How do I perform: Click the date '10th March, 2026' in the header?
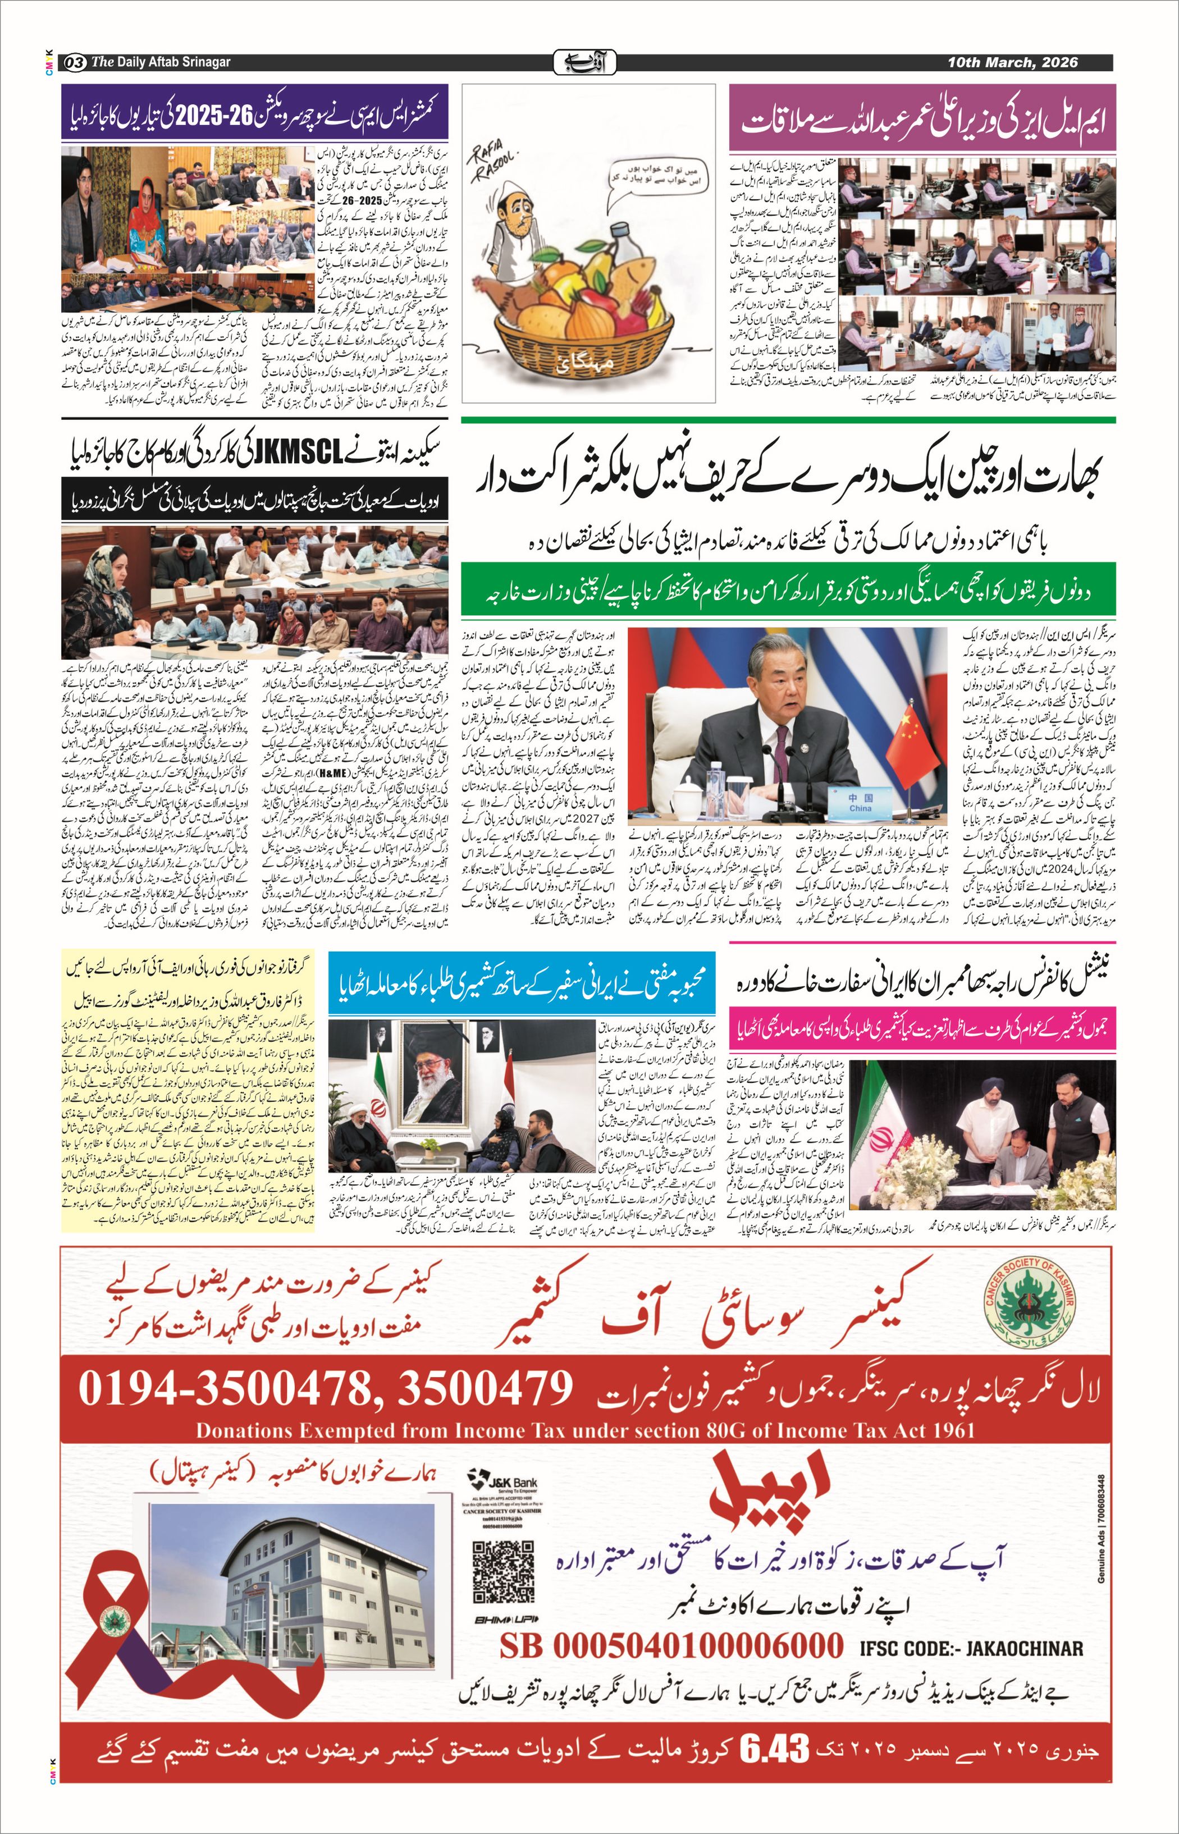click(1012, 63)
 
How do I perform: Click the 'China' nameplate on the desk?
click(860, 803)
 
